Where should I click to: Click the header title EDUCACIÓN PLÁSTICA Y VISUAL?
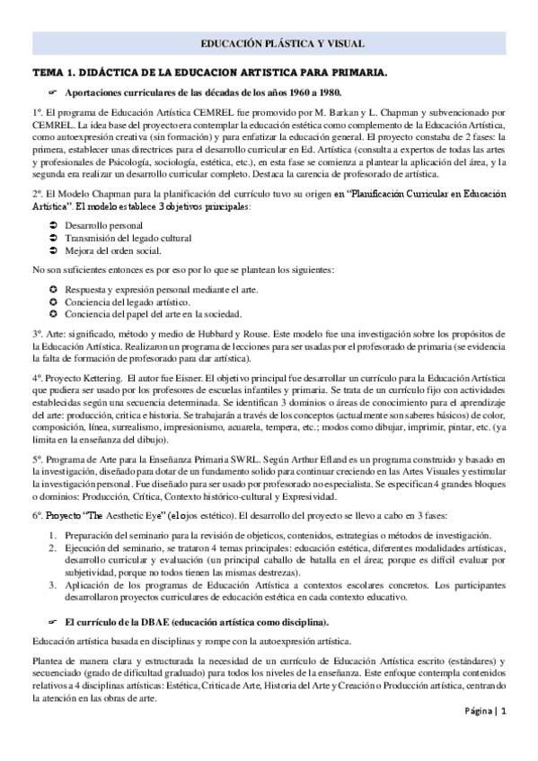pos(269,42)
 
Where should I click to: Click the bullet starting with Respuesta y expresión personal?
pos(145,288)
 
